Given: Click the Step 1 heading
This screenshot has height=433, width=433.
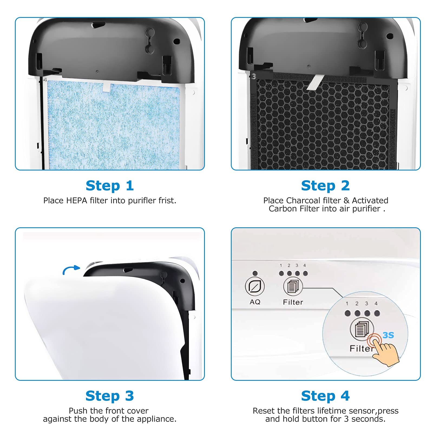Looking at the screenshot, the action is pyautogui.click(x=110, y=186).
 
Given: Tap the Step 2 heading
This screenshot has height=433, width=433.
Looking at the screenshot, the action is pyautogui.click(x=325, y=186).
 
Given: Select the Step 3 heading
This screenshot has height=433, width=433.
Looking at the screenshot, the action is pyautogui.click(x=110, y=396).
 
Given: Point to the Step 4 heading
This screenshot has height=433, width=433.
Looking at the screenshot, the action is pyautogui.click(x=325, y=396).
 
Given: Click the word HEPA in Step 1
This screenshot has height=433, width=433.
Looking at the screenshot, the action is pyautogui.click(x=77, y=201).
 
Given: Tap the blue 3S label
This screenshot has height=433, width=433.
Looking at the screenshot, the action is pyautogui.click(x=388, y=335).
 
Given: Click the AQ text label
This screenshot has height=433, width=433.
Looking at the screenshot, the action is pyautogui.click(x=255, y=302).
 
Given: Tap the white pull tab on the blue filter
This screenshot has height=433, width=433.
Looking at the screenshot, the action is pyautogui.click(x=106, y=87).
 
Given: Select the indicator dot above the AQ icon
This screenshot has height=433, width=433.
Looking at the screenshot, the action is pyautogui.click(x=255, y=273).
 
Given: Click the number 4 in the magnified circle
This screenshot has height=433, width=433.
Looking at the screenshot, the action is pyautogui.click(x=376, y=304).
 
